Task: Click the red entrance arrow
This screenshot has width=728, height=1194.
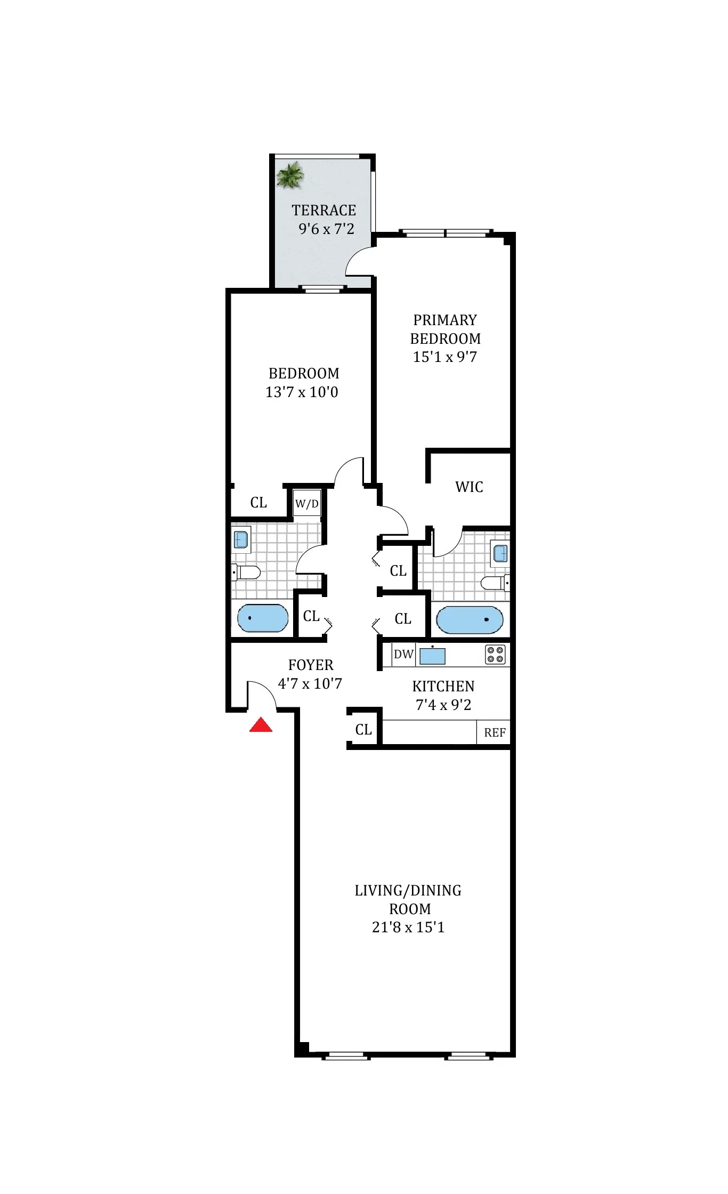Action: click(261, 725)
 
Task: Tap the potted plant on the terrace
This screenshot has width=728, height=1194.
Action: click(290, 175)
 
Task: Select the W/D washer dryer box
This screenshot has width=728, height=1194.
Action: click(307, 503)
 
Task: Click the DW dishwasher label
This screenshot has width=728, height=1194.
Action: click(403, 654)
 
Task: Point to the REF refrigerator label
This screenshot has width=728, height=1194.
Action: click(495, 732)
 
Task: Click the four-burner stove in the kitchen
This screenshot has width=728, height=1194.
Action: click(495, 655)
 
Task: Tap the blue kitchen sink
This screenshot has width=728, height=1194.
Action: click(432, 656)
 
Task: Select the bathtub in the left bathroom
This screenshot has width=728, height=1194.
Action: click(262, 618)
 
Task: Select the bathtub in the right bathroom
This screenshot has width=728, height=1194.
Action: click(470, 619)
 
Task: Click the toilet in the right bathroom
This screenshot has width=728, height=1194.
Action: click(495, 583)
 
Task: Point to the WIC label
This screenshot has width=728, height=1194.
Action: click(469, 487)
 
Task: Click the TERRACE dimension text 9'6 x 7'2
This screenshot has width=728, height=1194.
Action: click(326, 229)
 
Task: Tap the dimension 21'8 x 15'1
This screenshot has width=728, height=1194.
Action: click(408, 927)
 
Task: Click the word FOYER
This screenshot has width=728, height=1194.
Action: click(311, 665)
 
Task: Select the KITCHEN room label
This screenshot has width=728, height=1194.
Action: click(443, 686)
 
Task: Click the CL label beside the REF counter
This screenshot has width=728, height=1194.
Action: click(363, 729)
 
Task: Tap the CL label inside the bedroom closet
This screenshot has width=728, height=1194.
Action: click(258, 502)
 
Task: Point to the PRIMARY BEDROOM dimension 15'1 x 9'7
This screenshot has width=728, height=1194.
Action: click(445, 357)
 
